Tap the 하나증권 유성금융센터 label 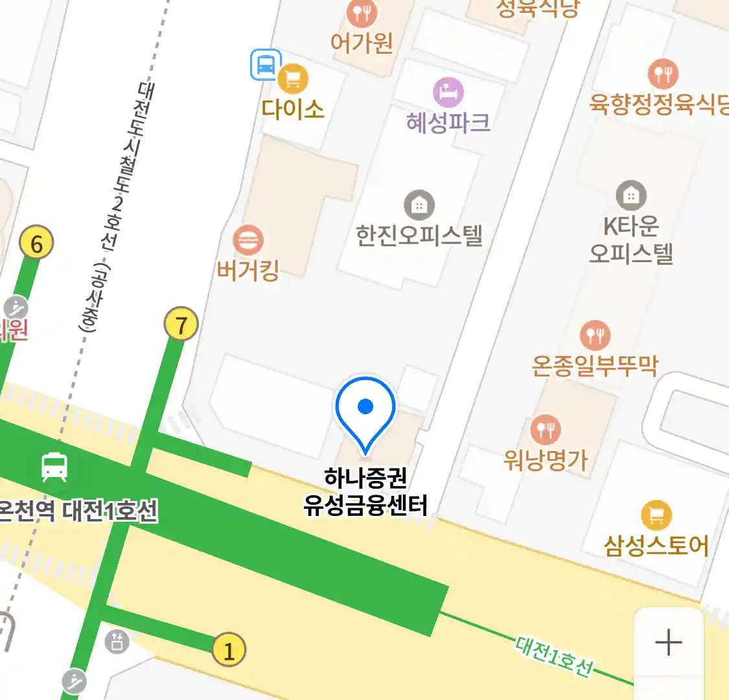[x=365, y=492]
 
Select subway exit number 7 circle [x=181, y=324]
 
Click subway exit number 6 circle [x=36, y=243]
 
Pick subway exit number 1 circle [x=229, y=649]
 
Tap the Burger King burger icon [x=248, y=240]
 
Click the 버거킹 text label [x=248, y=270]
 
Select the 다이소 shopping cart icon [x=293, y=79]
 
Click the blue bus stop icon [x=266, y=65]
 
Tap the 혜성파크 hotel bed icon [x=448, y=92]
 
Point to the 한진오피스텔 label [x=419, y=235]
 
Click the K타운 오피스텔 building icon [x=631, y=195]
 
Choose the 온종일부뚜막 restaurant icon [x=595, y=336]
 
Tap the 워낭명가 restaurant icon [x=546, y=429]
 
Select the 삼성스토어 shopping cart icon [x=656, y=516]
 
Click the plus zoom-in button [x=668, y=642]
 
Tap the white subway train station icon [x=54, y=467]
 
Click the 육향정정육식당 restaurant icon [x=663, y=74]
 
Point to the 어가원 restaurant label [x=362, y=43]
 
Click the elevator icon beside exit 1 [x=117, y=642]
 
